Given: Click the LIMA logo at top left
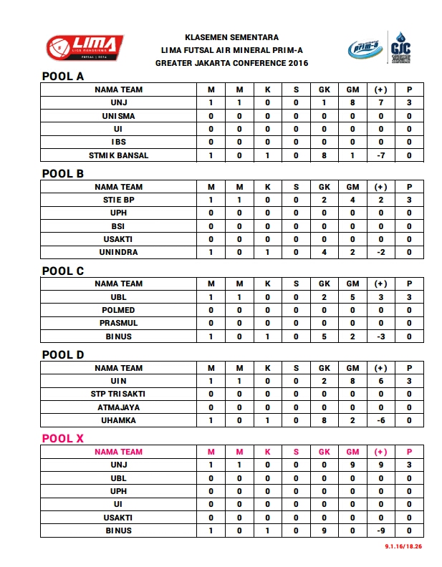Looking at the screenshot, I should (85, 47).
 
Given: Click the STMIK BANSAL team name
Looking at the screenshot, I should (118, 155).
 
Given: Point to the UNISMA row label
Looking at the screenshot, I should (118, 116).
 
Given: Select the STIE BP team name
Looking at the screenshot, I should (118, 200).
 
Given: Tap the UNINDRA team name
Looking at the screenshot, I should (118, 253).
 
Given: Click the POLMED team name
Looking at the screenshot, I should (118, 310).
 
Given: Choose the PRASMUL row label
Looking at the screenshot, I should (118, 323).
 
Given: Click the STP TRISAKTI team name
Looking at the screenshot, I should (118, 394).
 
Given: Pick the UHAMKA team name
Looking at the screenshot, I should (118, 420).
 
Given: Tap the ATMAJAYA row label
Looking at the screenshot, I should (118, 407).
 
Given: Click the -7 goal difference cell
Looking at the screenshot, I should (380, 155).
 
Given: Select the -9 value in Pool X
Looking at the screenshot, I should (380, 530).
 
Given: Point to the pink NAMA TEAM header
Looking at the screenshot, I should (118, 452).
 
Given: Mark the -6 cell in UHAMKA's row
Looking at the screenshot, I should (380, 420).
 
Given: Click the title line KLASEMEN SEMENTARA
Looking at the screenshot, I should (231, 37).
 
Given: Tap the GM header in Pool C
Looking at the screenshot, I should (352, 283).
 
